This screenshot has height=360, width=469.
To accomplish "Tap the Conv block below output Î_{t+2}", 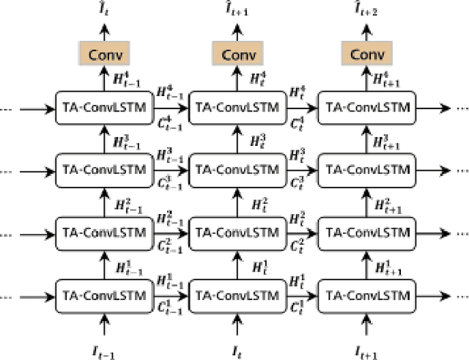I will point(366,54).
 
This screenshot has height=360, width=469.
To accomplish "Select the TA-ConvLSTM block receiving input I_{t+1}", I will point(367,295).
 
